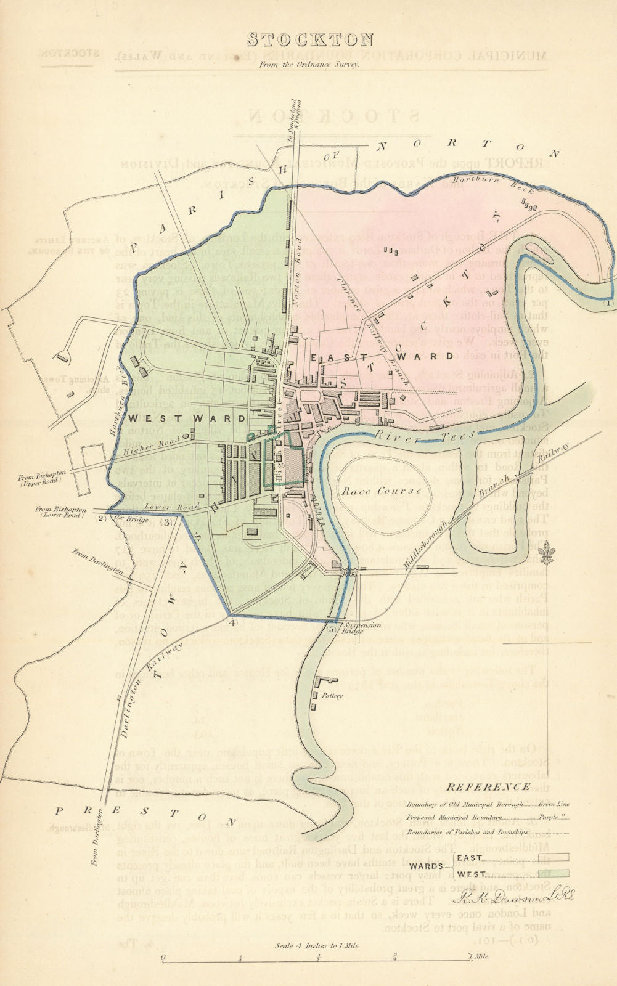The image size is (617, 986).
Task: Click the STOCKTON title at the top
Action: pos(310,40)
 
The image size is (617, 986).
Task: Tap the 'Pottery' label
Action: pos(331,695)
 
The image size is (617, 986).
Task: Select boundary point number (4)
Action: pos(232,622)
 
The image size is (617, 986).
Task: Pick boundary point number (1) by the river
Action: pos(608,303)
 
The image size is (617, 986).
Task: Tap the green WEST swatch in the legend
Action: pos(553,873)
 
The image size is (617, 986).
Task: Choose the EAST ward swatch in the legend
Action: pos(553,857)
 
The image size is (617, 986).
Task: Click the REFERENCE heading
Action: pos(487,787)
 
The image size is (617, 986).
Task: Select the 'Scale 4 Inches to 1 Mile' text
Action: pos(316,946)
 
